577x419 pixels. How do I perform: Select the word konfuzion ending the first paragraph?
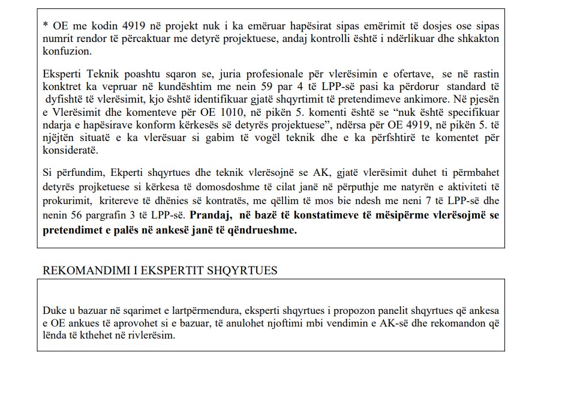click(67, 52)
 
